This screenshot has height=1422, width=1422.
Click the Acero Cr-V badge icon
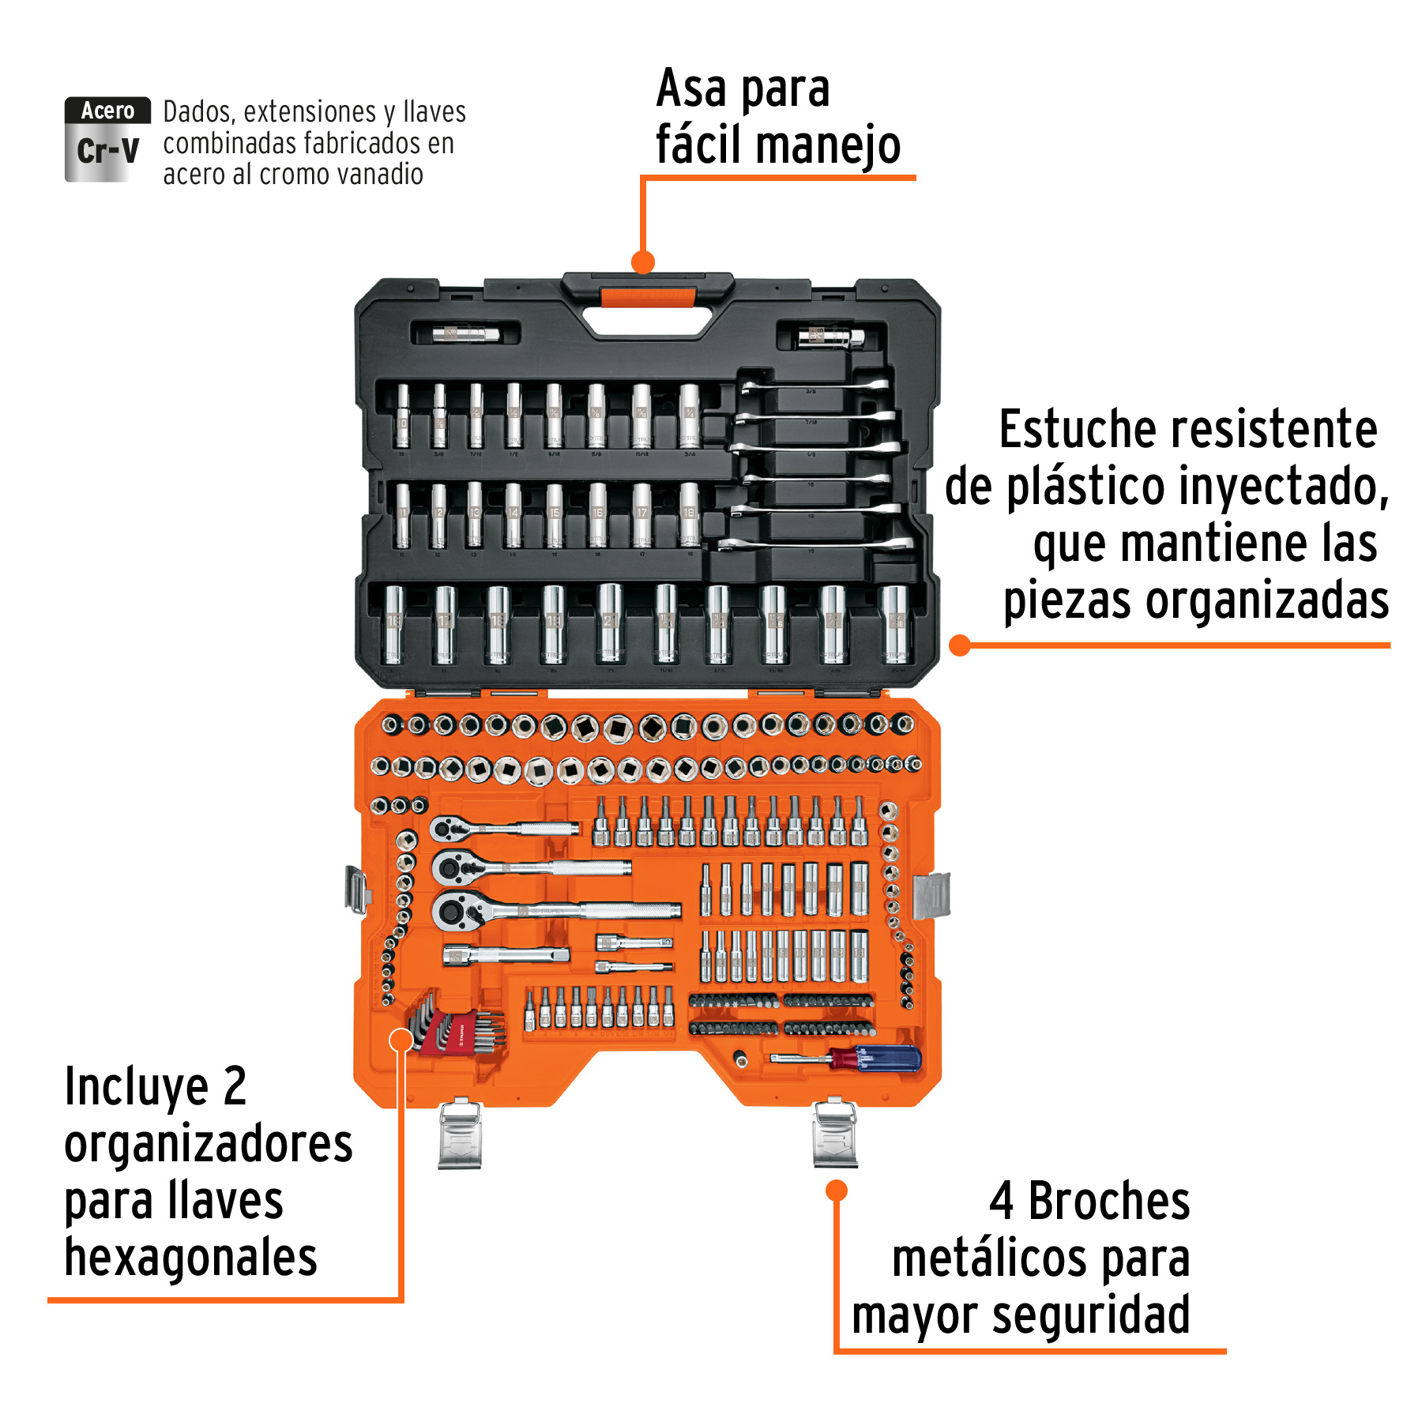coord(107,140)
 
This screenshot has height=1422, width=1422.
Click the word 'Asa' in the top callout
coord(690,88)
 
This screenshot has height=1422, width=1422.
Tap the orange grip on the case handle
coord(648,298)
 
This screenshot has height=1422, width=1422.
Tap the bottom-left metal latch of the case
coord(460,1135)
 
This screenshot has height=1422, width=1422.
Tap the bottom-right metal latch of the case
coord(835,1134)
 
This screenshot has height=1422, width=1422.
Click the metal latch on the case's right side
coord(931,895)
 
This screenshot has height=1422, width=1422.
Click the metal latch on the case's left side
coord(357,890)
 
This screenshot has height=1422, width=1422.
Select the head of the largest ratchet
coord(454,912)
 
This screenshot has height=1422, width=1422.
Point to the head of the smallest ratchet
coord(448,829)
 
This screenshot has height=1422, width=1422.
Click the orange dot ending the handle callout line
coord(643,262)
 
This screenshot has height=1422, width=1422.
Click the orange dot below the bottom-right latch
coord(837,1191)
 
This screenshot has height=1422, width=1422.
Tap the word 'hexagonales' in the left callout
coord(190,1258)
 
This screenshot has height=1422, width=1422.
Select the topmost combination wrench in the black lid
coord(814,386)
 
